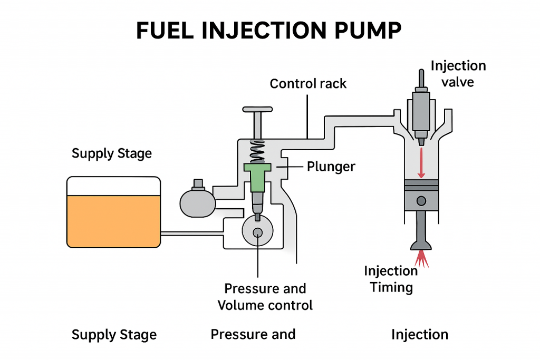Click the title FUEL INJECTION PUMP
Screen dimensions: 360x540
[269, 31]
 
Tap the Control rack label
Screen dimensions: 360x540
[308, 83]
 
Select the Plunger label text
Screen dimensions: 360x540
[331, 167]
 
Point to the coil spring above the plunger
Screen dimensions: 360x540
[257, 151]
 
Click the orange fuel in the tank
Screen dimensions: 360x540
[113, 220]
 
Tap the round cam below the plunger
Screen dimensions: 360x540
[258, 232]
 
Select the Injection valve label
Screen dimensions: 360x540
[458, 74]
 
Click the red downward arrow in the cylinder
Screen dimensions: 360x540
[421, 163]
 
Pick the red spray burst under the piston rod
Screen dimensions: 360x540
[421, 258]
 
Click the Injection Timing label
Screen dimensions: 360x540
[391, 279]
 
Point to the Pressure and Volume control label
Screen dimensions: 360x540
[265, 297]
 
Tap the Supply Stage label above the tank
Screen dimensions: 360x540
[111, 154]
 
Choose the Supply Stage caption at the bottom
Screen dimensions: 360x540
[114, 335]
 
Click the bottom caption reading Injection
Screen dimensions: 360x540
[420, 334]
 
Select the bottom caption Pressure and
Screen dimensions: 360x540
[253, 334]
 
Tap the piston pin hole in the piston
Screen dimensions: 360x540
[421, 201]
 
